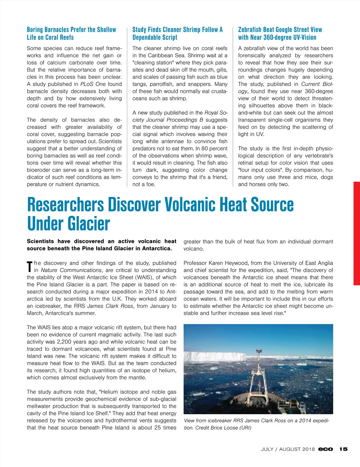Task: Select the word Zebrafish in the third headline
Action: [250, 30]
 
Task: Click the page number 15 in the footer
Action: [343, 449]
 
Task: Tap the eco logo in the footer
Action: [325, 449]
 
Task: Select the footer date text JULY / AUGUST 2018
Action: [288, 449]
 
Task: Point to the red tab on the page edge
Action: [357, 233]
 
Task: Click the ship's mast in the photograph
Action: [259, 369]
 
